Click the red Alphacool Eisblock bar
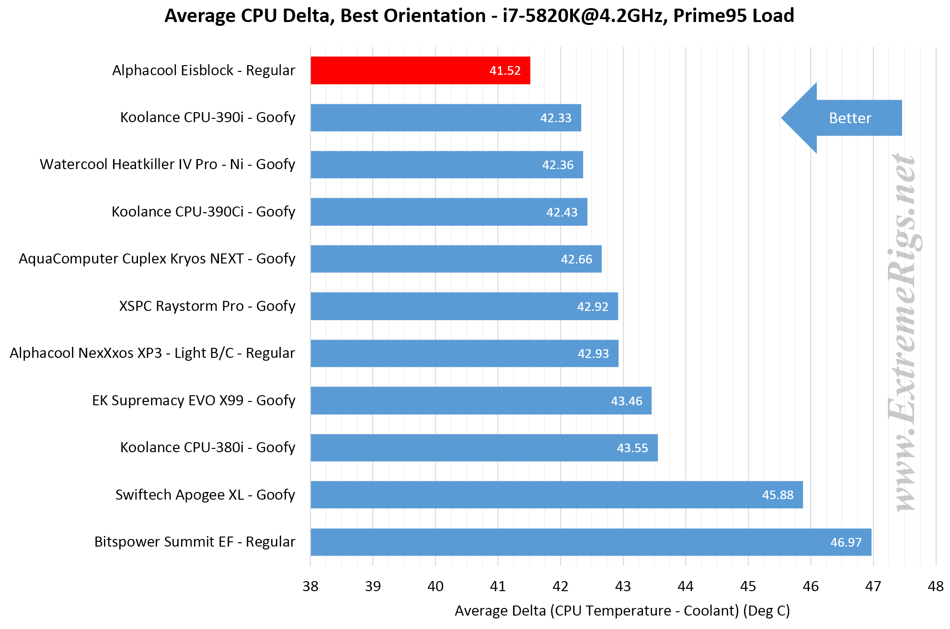coord(420,70)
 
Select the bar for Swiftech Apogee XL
coord(557,495)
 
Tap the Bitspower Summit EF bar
coord(591,542)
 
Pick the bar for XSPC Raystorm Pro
coord(464,306)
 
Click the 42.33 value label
coord(556,118)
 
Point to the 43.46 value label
coord(627,401)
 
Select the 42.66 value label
coord(576,259)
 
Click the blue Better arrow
coord(841,118)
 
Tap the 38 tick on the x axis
coord(310,586)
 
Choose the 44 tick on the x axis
coord(686,586)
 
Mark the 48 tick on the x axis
coord(936,586)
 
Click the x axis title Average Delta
coord(622,611)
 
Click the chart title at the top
coord(479,16)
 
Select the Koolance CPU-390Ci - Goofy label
coord(204,212)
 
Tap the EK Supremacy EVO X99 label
coord(194,400)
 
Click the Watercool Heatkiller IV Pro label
coord(168,164)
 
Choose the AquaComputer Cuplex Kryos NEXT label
coord(157,259)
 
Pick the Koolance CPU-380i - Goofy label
coord(208,447)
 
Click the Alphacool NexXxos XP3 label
coord(152,353)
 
